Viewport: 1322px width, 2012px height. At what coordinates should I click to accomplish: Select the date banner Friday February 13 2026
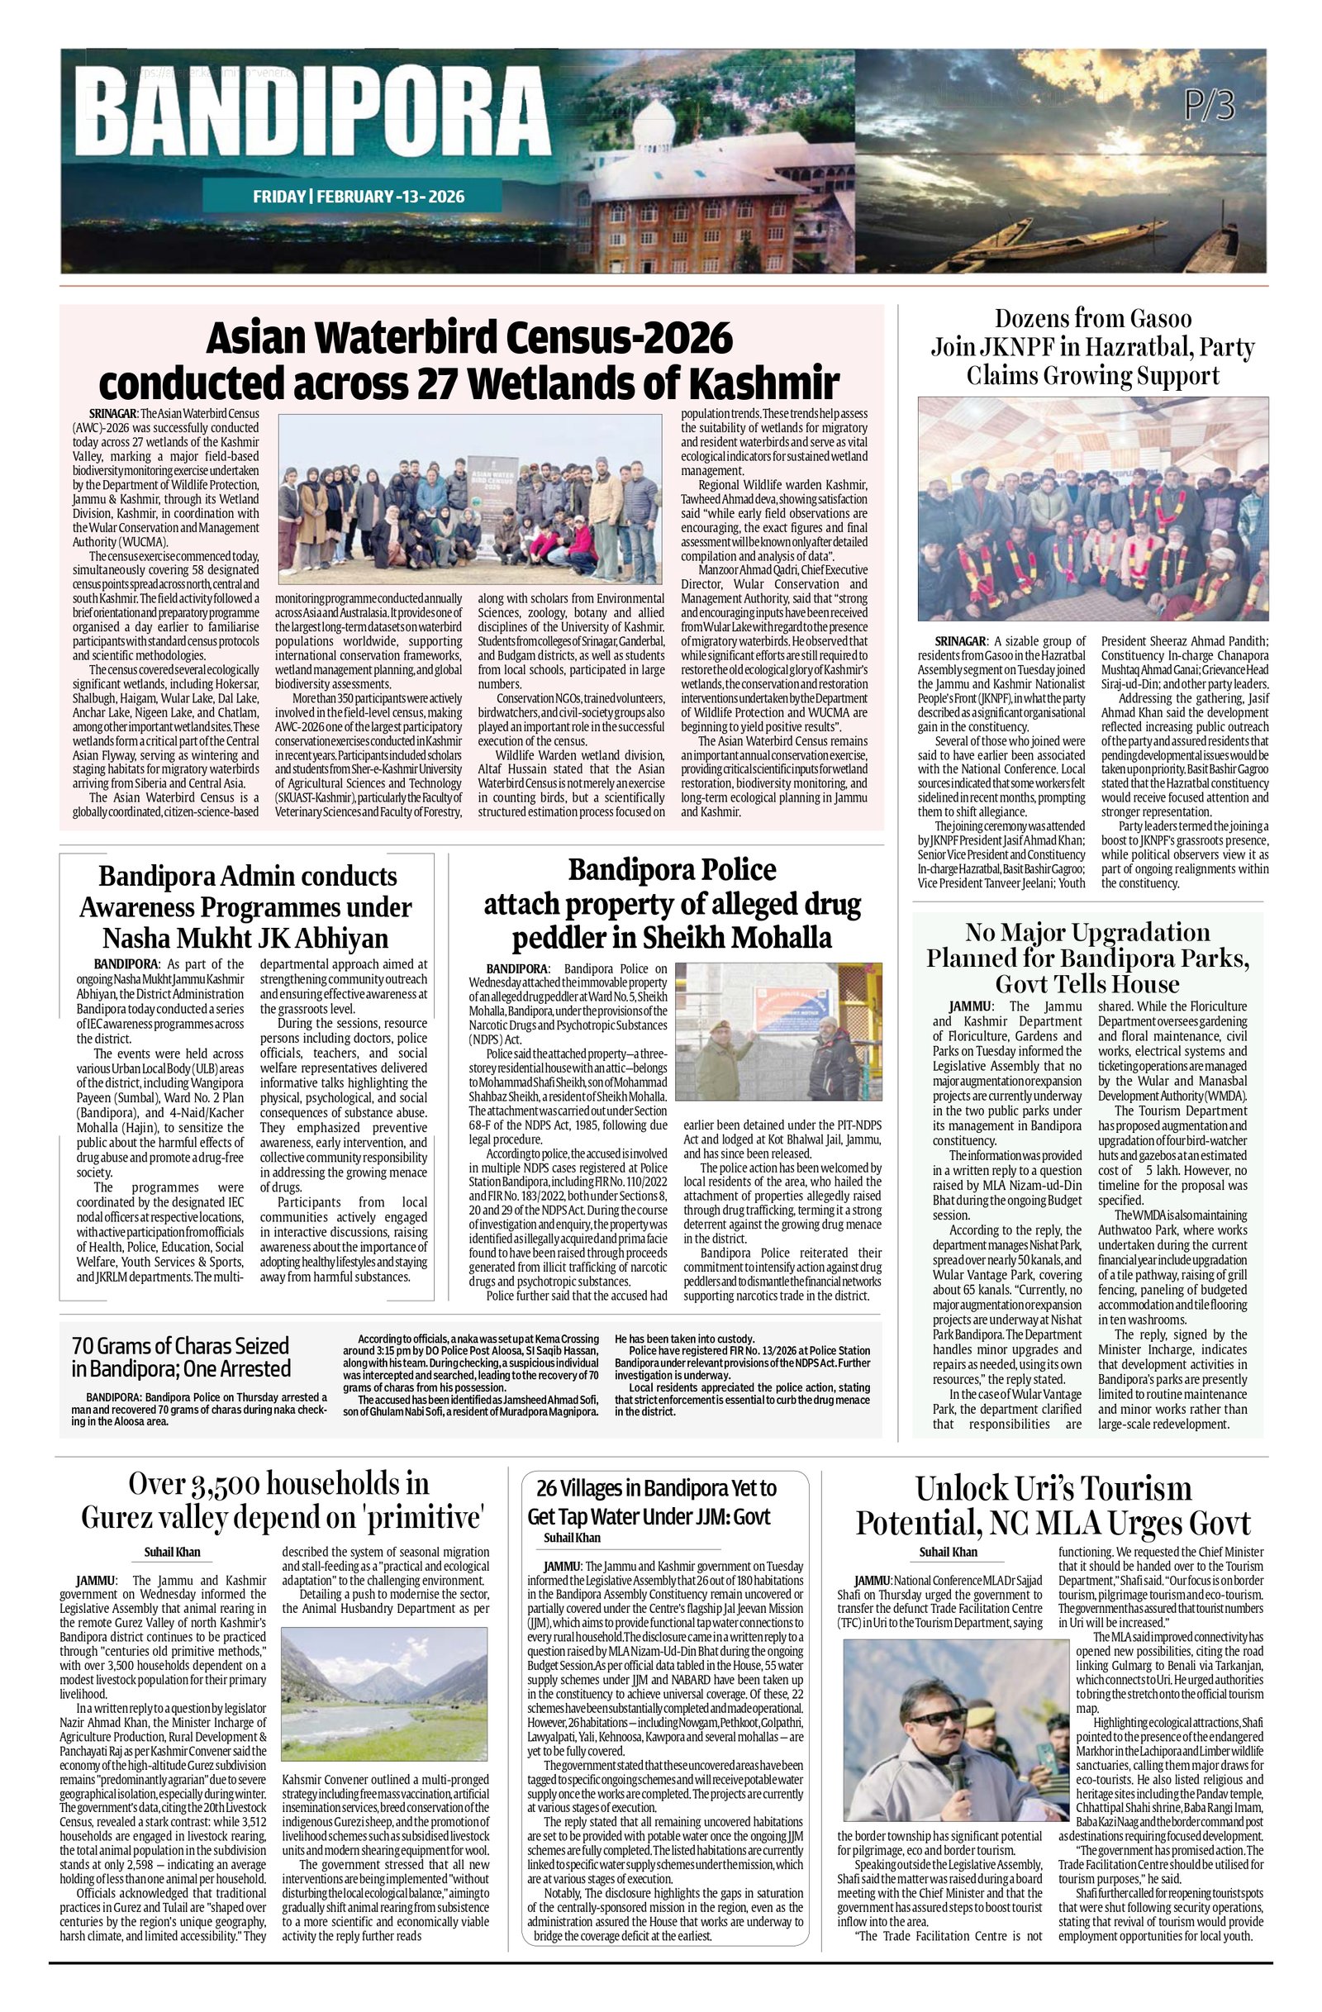pos(359,197)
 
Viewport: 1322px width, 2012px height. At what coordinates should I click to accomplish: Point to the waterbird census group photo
pos(469,493)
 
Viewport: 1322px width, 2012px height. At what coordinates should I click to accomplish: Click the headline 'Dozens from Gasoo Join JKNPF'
pos(1092,346)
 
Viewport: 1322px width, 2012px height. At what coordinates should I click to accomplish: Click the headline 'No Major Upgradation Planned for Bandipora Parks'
pos(1087,958)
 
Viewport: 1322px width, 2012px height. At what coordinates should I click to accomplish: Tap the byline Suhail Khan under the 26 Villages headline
pos(573,1537)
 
